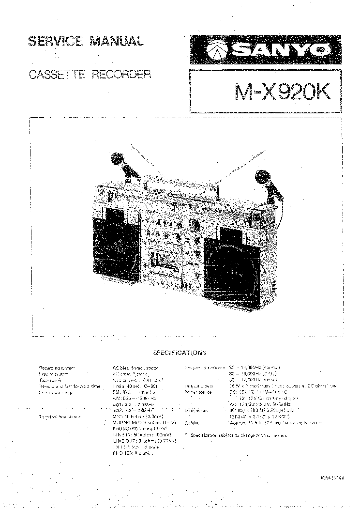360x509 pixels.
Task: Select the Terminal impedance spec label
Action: click(x=59, y=416)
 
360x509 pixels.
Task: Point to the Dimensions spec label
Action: click(x=197, y=410)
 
